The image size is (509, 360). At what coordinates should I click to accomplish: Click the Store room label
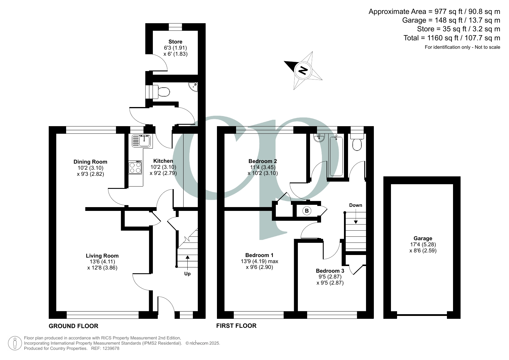(175, 42)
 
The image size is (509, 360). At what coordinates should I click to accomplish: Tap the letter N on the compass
(303, 70)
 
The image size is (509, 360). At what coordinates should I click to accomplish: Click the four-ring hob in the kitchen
(135, 167)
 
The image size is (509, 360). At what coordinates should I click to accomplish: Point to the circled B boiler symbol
(307, 211)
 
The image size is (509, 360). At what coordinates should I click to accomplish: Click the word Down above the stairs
(356, 205)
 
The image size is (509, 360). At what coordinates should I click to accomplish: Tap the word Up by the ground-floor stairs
(187, 274)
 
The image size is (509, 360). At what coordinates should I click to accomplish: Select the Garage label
(423, 238)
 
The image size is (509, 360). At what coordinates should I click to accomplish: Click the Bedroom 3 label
(330, 271)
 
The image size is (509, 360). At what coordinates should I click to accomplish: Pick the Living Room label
(102, 256)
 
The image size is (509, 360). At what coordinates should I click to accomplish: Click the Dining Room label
(90, 162)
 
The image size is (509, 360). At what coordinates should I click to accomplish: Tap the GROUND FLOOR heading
(73, 326)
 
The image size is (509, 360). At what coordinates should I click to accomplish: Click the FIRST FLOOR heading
(236, 326)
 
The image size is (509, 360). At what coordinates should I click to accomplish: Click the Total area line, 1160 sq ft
(452, 38)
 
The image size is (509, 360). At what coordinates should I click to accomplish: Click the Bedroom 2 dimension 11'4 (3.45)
(263, 167)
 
